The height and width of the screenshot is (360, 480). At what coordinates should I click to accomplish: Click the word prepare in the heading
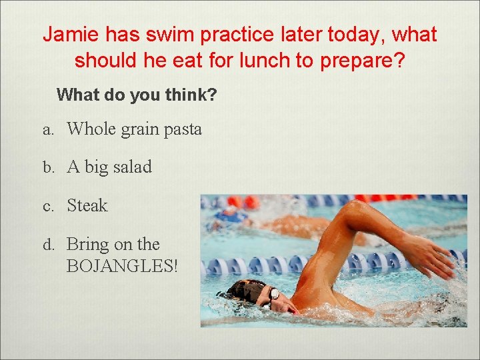[x=358, y=61]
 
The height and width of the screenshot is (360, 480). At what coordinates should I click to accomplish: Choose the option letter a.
[x=47, y=129]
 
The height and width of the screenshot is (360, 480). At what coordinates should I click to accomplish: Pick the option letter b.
[x=47, y=167]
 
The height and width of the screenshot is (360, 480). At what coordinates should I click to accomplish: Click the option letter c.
[x=47, y=207]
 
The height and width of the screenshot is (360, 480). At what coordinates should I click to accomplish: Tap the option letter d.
[x=47, y=245]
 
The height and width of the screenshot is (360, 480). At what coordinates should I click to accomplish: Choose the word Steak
[x=87, y=206]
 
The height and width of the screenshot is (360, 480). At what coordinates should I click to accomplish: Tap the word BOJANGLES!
[x=123, y=266]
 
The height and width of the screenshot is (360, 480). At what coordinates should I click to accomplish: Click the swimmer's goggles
[x=273, y=293]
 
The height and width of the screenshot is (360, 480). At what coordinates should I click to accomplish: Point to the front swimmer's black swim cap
[x=245, y=290]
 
